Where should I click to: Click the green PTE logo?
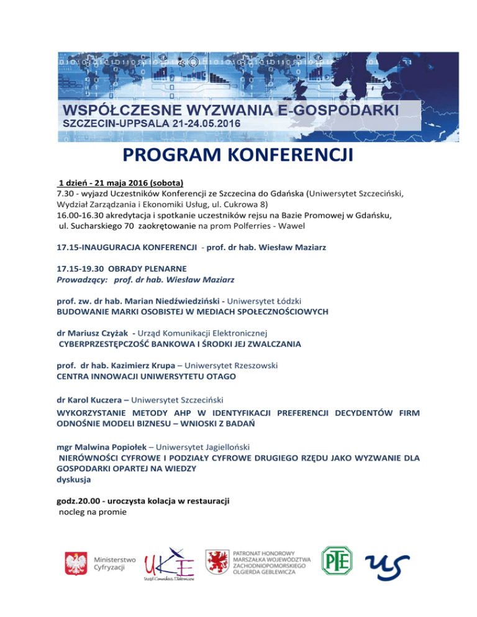point(336,561)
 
